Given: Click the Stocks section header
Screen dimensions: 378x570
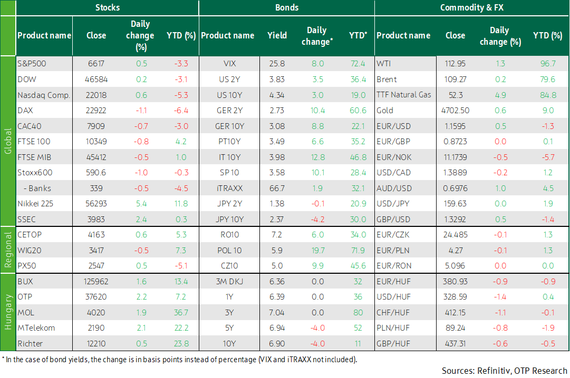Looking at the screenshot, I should coord(108,7).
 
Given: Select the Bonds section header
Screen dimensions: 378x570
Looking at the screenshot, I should coord(287,7).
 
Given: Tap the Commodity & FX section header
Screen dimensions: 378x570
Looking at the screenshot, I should coord(471,7).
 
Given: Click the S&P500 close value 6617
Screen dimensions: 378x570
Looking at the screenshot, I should coord(96,64).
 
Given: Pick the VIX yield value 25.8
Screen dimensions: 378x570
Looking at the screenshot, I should coord(277,64).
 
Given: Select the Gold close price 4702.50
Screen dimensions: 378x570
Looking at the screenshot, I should coord(455,111).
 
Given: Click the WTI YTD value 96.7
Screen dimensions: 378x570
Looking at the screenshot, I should coord(547,64).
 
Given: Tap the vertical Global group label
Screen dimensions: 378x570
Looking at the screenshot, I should coord(8,141).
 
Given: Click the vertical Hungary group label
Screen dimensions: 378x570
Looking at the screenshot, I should coord(8,312).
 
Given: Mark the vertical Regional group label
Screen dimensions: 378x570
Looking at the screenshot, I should coord(8,250).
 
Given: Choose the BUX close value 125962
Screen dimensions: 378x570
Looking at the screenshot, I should coord(96,281).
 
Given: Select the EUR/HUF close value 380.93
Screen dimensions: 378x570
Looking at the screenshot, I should coord(455,281).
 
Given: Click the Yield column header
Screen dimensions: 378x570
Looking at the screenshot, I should coord(277,35).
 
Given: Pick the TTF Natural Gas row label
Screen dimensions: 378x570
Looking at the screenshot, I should coord(404,95).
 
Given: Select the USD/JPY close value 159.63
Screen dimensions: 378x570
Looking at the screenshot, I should coord(455,204).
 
